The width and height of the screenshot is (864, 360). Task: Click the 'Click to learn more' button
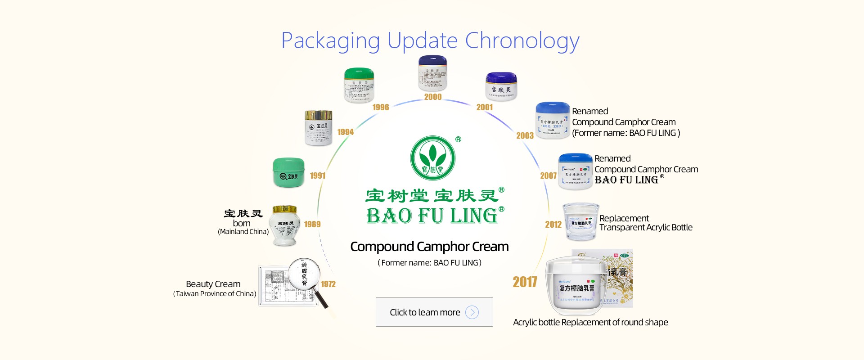[434, 312]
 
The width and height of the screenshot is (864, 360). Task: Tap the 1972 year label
[328, 284]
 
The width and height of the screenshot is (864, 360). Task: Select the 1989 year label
[312, 224]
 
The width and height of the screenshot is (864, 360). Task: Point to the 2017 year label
[525, 282]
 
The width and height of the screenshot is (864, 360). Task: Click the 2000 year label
[433, 97]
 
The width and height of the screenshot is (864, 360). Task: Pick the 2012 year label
[553, 225]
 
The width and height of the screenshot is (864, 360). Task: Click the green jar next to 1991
[289, 172]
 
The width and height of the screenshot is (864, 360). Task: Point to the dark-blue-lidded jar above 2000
[432, 73]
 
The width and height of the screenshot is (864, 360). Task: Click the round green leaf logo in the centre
[433, 158]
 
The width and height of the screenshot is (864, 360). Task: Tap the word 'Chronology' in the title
[522, 41]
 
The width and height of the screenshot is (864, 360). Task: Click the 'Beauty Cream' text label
[213, 284]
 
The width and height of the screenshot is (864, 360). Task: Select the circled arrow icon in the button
[472, 312]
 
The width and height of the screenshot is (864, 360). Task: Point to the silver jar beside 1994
[319, 128]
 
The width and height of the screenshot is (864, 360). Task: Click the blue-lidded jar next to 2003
[552, 121]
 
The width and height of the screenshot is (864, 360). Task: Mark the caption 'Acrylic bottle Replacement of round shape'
[590, 322]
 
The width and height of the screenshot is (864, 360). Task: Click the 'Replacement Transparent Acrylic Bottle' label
[645, 223]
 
